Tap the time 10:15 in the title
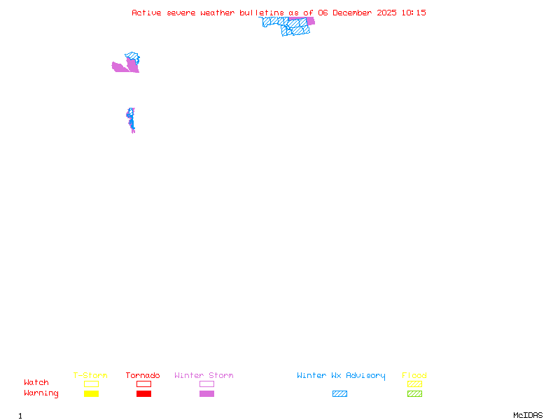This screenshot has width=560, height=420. pos(414,13)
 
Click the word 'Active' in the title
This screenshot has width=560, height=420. pos(147,13)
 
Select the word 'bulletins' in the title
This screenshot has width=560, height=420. pos(263,13)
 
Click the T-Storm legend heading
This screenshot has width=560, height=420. pos(90,376)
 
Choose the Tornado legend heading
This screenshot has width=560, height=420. pos(143,376)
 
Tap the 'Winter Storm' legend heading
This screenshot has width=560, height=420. pos(204,376)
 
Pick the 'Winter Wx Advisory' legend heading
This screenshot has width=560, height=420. pos(341,376)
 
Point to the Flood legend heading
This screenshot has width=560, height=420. pos(414,376)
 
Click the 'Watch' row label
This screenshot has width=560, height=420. pos(36,383)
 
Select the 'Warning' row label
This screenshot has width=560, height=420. pos(41,393)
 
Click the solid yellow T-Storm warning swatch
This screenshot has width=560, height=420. pos(91,394)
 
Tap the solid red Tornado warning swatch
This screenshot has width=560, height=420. pos(143,394)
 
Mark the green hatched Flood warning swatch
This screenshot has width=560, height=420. pos(414,394)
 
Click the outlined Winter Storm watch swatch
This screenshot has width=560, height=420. pos(206,384)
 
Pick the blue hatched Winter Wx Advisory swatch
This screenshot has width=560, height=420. pos(339,394)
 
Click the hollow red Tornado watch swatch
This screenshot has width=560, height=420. pos(143,384)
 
